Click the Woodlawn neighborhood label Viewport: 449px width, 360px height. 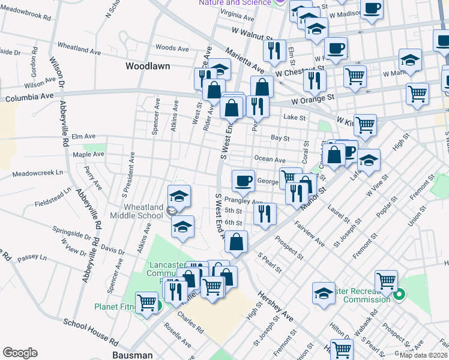(148, 65)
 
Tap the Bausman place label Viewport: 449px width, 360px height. (133, 355)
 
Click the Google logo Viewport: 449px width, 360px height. (20, 352)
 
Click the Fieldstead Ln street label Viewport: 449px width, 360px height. (53, 196)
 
